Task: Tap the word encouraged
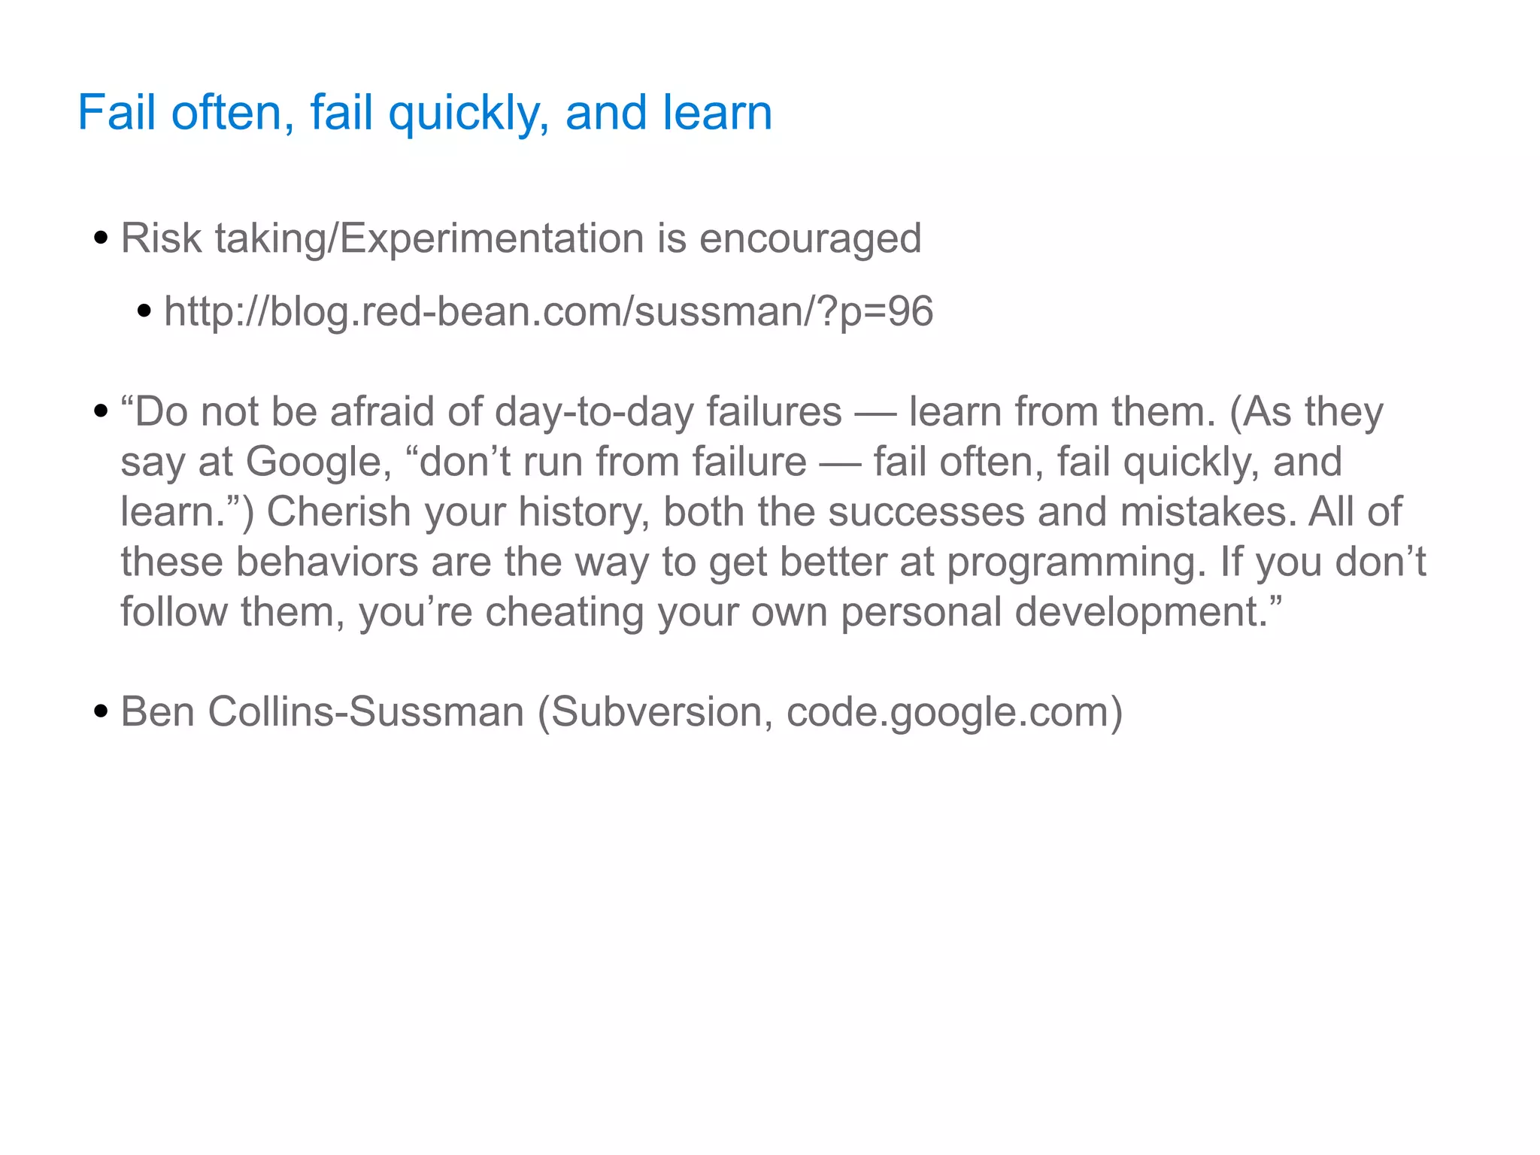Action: coord(810,238)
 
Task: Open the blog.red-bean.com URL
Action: coord(548,311)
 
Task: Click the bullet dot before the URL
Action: coord(144,311)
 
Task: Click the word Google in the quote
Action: coord(319,462)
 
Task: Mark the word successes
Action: coord(926,512)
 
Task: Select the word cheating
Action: coord(565,612)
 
